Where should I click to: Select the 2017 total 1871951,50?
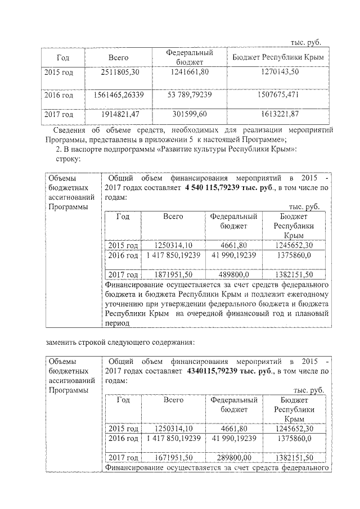[174, 274]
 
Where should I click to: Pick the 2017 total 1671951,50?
[174, 457]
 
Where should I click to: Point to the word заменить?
[62, 342]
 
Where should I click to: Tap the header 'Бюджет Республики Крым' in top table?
[274, 58]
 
